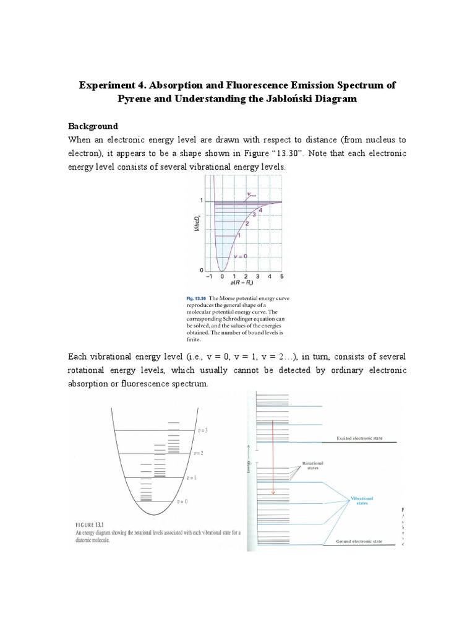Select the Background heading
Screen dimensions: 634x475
(x=93, y=126)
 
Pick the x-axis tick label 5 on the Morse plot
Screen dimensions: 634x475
(x=282, y=276)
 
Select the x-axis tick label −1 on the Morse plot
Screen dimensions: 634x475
(x=210, y=276)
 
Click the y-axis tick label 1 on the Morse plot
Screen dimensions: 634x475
(x=201, y=201)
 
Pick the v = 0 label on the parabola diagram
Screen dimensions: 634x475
(x=181, y=502)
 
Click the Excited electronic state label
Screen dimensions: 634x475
(x=359, y=438)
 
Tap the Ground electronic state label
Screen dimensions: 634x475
(x=359, y=542)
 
